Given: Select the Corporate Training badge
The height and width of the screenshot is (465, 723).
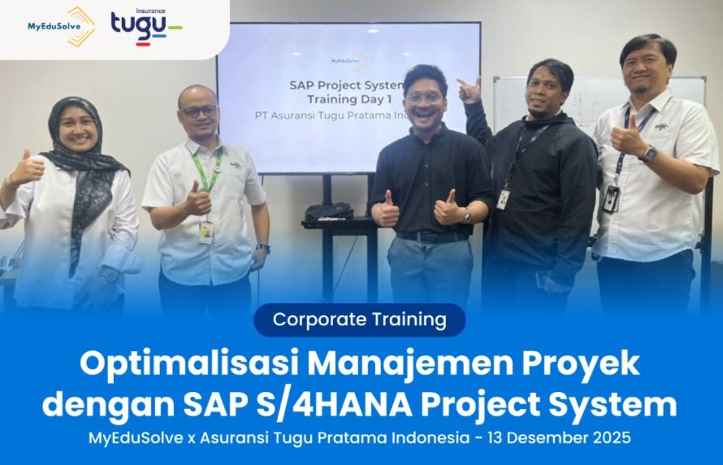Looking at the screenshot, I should coord(359,319).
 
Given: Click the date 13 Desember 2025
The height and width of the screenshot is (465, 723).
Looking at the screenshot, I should coord(560,437).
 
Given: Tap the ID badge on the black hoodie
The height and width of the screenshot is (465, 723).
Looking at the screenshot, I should coord(503,198).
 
